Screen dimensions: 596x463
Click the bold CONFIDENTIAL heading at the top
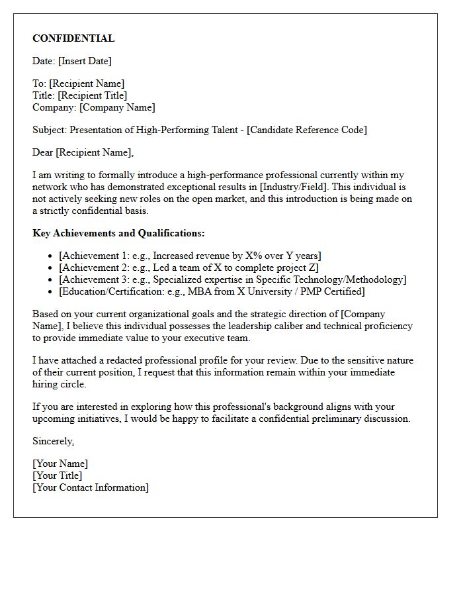73,38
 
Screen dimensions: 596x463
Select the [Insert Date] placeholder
85,61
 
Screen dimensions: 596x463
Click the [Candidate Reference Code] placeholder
307,130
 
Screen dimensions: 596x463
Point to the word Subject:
50,130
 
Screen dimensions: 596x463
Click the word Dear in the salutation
43,152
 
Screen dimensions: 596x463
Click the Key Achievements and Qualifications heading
118,233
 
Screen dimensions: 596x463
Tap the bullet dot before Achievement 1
52,256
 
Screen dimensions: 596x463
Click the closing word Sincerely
53,441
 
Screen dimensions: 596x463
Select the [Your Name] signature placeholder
60,464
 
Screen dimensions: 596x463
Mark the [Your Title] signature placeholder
58,475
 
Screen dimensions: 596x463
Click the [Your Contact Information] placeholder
91,487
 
